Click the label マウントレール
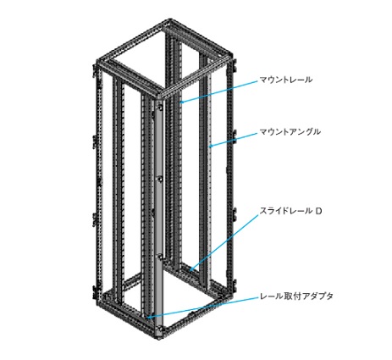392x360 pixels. (x=286, y=80)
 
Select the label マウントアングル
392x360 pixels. (x=290, y=132)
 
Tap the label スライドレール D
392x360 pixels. (x=290, y=211)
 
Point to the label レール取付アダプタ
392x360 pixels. (x=296, y=296)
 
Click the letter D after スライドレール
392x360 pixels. (x=318, y=211)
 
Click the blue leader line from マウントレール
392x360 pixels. (x=219, y=91)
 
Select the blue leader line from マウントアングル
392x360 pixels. (x=234, y=140)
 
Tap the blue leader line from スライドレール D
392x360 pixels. (x=224, y=242)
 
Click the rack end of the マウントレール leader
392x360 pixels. (x=181, y=102)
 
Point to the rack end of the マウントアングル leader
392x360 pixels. (x=210, y=147)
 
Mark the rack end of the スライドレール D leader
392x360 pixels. (x=191, y=270)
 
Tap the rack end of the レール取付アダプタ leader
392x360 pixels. (x=149, y=318)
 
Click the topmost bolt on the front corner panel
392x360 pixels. (x=160, y=108)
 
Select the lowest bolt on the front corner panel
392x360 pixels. (x=160, y=329)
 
